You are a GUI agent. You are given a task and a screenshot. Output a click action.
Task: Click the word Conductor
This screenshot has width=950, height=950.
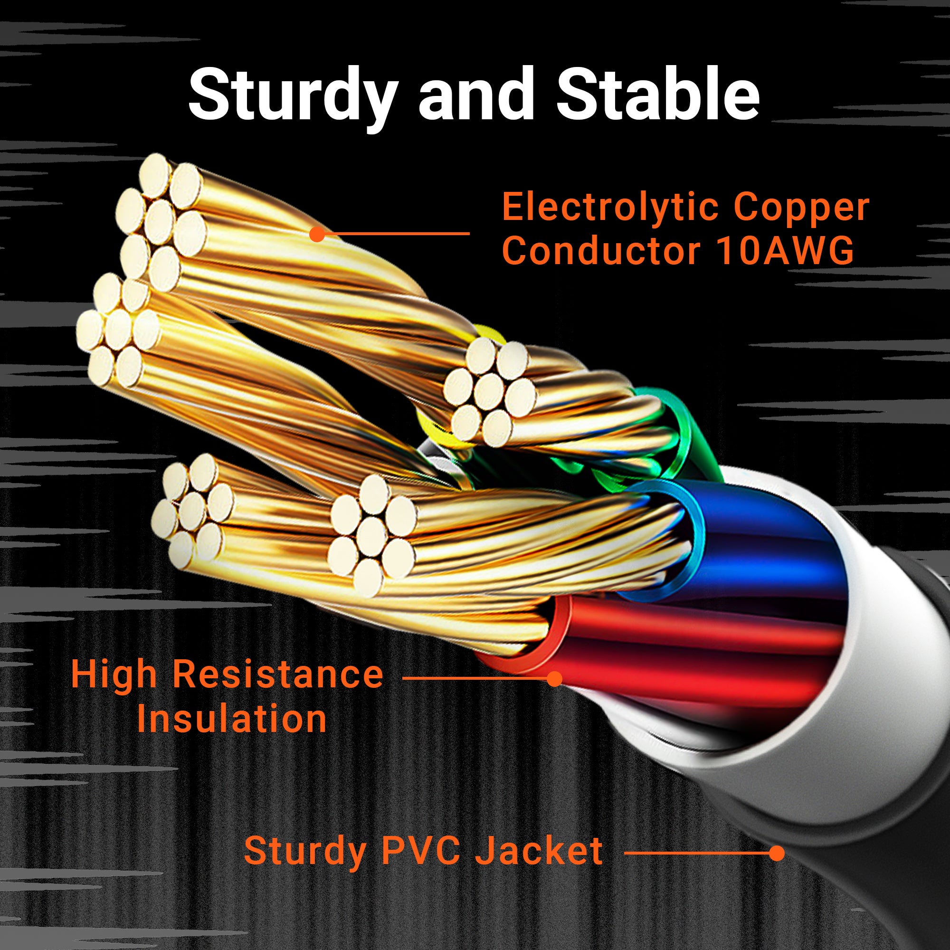(x=600, y=251)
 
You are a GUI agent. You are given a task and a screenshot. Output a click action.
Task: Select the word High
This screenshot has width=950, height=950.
(x=114, y=674)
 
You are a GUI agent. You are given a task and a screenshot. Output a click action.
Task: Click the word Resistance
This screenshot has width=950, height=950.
(x=278, y=674)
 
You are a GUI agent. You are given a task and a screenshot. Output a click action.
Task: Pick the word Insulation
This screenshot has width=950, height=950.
(x=232, y=719)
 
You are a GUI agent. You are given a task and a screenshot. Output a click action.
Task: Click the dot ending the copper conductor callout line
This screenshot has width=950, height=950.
(x=318, y=234)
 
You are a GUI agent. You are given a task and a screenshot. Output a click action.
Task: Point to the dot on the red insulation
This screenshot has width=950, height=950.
(x=555, y=679)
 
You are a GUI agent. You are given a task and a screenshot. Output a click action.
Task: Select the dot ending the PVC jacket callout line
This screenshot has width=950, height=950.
(x=777, y=853)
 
